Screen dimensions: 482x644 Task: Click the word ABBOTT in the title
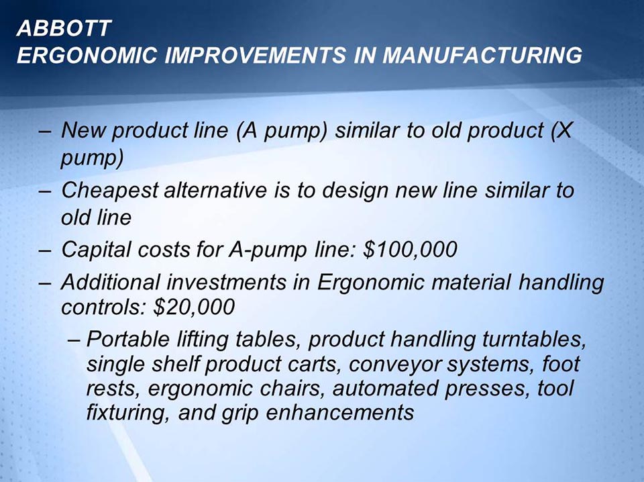click(64, 28)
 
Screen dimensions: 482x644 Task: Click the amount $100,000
click(410, 250)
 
